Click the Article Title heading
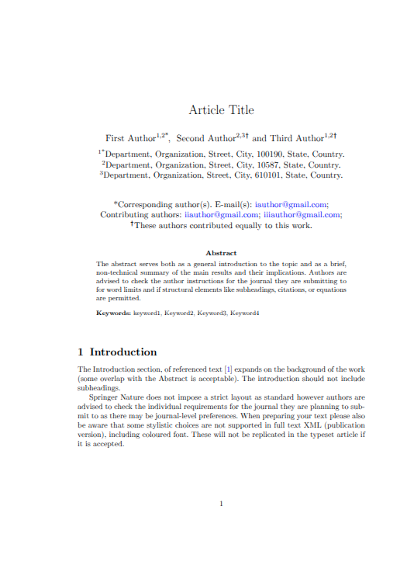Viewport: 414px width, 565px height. [x=221, y=110]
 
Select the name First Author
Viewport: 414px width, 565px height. [x=130, y=138]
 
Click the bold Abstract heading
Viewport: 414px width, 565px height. [x=221, y=253]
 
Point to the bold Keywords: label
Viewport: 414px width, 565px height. [x=113, y=313]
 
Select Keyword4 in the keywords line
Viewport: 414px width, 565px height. [x=244, y=313]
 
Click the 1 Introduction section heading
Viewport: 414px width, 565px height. [x=118, y=352]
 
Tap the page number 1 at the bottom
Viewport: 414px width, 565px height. [x=221, y=504]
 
